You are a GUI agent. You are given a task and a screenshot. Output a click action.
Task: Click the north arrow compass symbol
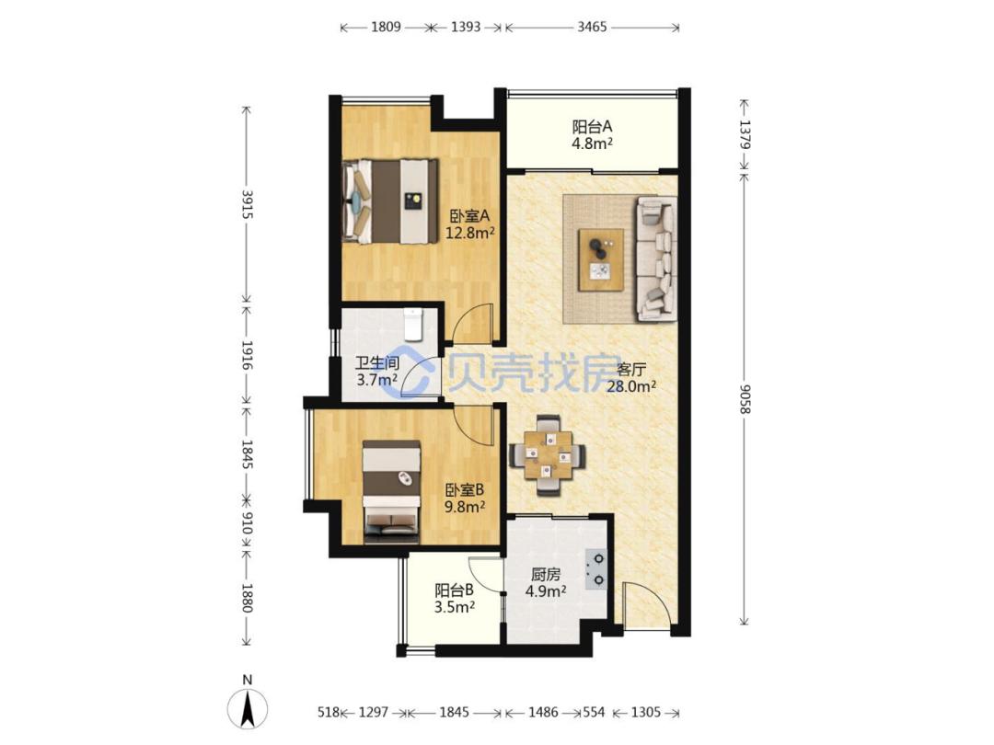click(248, 707)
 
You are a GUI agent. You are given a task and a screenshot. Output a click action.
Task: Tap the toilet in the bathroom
click(412, 323)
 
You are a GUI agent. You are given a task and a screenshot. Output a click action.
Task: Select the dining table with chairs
click(547, 455)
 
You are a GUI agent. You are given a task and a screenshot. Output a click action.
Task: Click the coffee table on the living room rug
click(600, 259)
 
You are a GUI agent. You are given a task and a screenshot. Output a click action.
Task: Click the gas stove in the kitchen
click(595, 569)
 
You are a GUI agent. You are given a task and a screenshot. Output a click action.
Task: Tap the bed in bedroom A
click(390, 201)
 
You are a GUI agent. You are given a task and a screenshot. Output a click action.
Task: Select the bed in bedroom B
click(392, 491)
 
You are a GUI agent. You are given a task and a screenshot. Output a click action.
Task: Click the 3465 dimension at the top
click(592, 27)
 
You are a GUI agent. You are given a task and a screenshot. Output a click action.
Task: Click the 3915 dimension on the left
click(248, 204)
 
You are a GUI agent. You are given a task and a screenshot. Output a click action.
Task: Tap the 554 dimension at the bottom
click(594, 713)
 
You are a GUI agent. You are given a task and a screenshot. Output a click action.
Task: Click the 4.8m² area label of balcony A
click(592, 143)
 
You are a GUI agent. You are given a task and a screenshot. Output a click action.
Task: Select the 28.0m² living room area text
click(631, 385)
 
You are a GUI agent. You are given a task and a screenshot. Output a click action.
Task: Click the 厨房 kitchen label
click(546, 575)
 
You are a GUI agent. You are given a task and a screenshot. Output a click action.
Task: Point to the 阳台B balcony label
click(455, 590)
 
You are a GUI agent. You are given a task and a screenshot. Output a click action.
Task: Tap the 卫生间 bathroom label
click(376, 363)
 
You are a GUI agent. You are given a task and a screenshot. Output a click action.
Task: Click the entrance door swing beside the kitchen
click(645, 606)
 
